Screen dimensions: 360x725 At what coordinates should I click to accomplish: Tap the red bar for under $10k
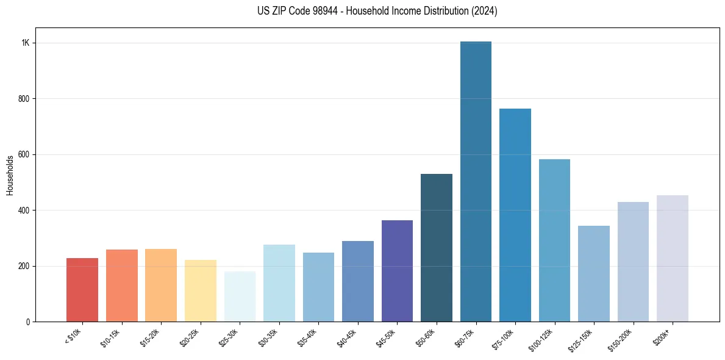coord(82,290)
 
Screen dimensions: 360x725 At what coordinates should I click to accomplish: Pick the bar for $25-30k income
coord(240,297)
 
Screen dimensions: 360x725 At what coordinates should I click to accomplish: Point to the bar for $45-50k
coord(397,271)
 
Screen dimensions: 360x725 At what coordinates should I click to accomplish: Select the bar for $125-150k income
coord(593,274)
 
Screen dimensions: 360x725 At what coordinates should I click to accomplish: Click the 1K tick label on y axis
coord(25,43)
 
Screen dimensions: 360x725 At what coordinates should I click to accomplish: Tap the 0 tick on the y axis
coord(27,322)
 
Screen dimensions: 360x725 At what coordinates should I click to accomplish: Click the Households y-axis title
coord(10,175)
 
